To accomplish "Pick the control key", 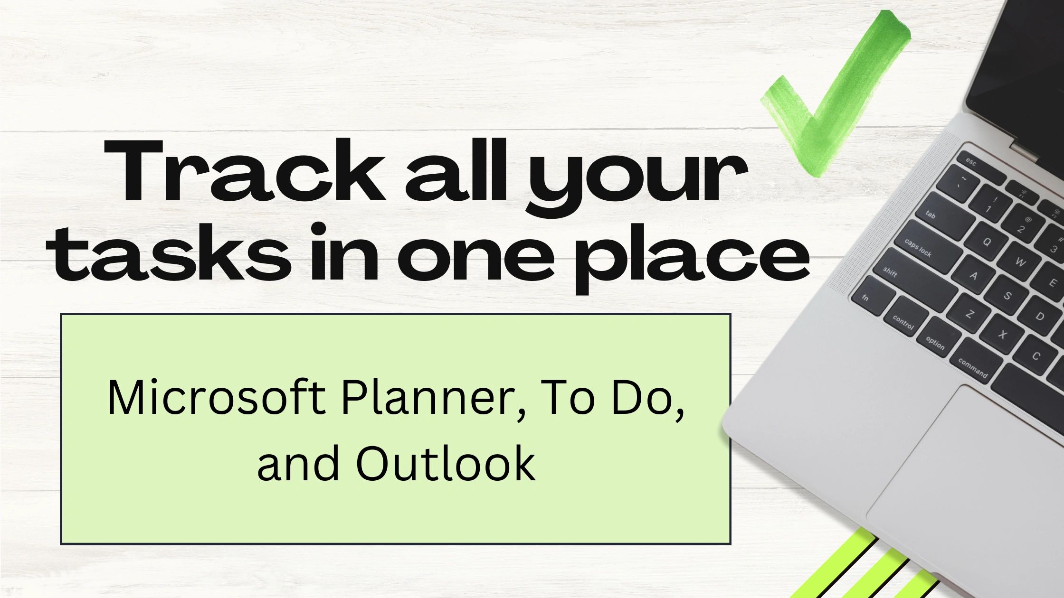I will (x=905, y=322).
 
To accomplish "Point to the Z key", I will (x=970, y=314).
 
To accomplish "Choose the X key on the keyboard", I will (x=1002, y=334).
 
